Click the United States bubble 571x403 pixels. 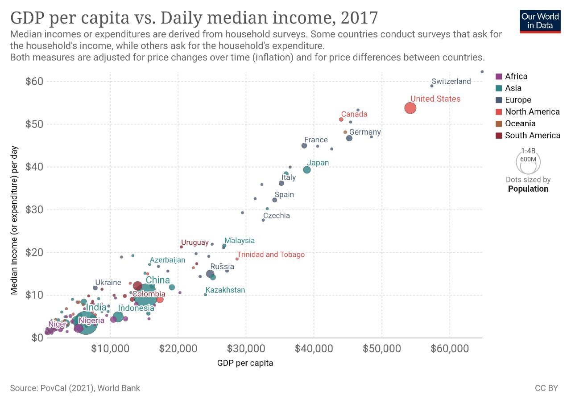click(410, 108)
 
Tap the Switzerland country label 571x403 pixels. click(451, 81)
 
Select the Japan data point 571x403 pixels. click(307, 169)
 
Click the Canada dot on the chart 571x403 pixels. click(341, 119)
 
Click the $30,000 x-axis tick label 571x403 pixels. click(246, 348)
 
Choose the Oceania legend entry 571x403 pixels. click(520, 123)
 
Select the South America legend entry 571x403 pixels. click(533, 136)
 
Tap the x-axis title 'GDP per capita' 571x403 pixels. click(245, 363)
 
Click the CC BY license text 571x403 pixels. click(546, 388)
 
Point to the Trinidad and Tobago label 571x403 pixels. click(271, 255)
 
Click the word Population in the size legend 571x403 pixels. click(528, 189)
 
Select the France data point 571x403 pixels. click(304, 146)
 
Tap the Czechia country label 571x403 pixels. click(276, 216)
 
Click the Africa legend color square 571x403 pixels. click(499, 76)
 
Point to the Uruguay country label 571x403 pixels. click(195, 243)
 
